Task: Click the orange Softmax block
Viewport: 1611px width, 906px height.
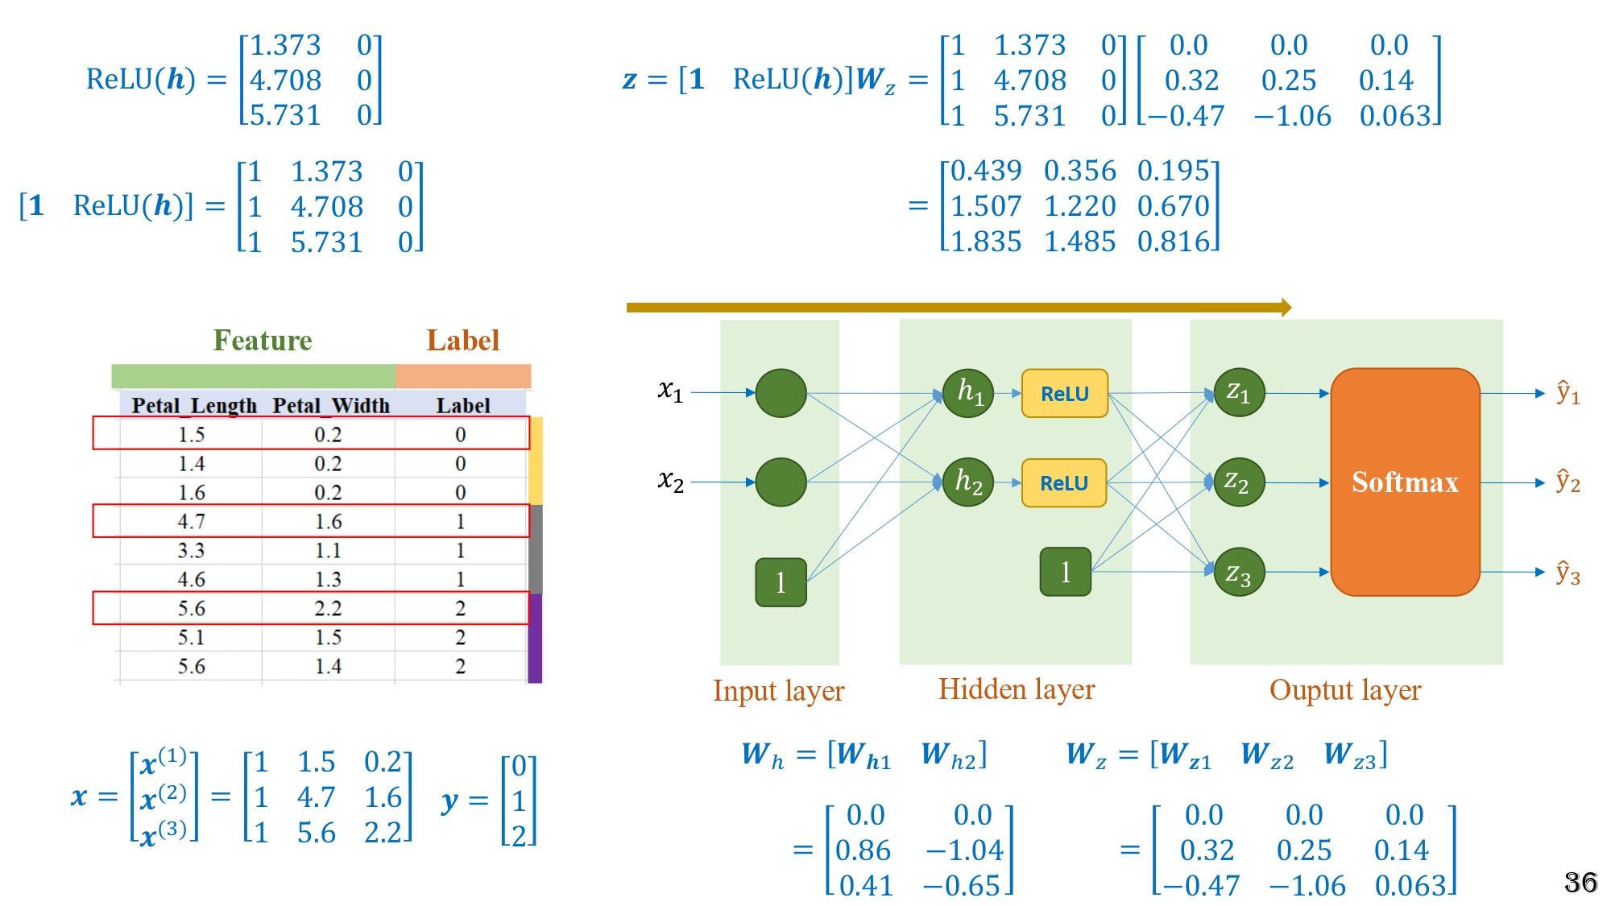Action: pyautogui.click(x=1405, y=482)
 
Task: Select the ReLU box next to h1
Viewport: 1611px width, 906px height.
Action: pyautogui.click(x=1064, y=394)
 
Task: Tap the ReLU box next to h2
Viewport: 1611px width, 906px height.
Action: pyautogui.click(x=1063, y=483)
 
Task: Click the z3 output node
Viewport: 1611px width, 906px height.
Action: pyautogui.click(x=1238, y=573)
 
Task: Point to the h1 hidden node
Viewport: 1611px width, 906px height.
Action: pyautogui.click(x=968, y=393)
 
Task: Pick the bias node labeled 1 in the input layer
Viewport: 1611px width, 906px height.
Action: pyautogui.click(x=781, y=582)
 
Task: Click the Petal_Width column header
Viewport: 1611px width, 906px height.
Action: pyautogui.click(x=330, y=405)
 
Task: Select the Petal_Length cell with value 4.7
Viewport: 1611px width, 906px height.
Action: pyautogui.click(x=191, y=522)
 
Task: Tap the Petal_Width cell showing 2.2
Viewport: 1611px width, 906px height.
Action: pyautogui.click(x=328, y=608)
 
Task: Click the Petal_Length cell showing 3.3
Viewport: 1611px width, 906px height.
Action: pyautogui.click(x=191, y=551)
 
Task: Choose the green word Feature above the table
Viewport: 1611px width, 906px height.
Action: pyautogui.click(x=262, y=341)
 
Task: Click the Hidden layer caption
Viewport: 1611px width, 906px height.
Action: pyautogui.click(x=1016, y=689)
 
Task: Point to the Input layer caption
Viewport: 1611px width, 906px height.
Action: pyautogui.click(x=778, y=691)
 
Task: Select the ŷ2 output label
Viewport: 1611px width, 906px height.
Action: pyautogui.click(x=1568, y=482)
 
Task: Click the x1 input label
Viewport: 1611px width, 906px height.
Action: pyautogui.click(x=670, y=391)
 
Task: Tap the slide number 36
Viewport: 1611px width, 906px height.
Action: pyautogui.click(x=1580, y=883)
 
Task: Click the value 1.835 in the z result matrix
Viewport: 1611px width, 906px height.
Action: pyautogui.click(x=986, y=242)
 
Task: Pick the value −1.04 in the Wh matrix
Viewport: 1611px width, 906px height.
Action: pyautogui.click(x=965, y=850)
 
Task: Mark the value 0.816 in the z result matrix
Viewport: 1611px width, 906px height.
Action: pyautogui.click(x=1174, y=242)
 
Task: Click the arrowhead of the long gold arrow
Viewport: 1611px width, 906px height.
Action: pyautogui.click(x=1286, y=307)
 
